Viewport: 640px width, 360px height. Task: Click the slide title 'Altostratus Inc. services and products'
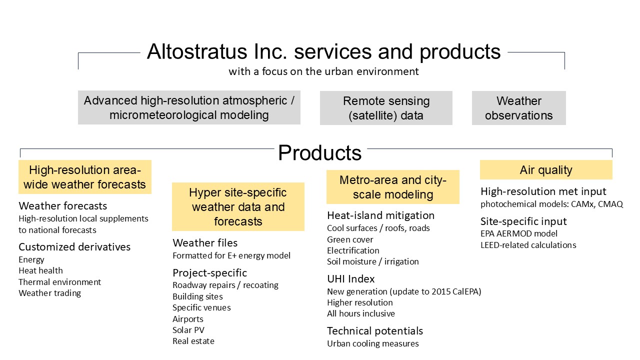pos(323,51)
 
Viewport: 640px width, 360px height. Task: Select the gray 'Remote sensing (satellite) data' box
pos(386,108)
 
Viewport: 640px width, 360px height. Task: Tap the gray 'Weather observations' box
pos(519,108)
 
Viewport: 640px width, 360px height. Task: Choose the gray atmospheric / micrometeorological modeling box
pos(189,107)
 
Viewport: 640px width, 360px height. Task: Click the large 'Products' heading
pos(319,152)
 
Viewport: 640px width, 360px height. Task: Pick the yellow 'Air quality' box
pos(546,169)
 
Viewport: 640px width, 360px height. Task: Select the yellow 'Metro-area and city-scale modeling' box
pos(393,187)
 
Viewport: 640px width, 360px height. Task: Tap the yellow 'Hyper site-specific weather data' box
pos(238,206)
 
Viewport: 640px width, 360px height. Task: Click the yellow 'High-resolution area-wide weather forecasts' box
pos(85,177)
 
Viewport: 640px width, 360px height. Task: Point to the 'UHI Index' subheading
pos(351,279)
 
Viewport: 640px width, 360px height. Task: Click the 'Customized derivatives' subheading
pos(74,247)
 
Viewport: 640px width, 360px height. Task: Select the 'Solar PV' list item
pos(188,330)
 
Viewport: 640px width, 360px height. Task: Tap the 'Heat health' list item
pos(40,270)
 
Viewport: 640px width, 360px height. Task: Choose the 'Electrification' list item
pos(353,250)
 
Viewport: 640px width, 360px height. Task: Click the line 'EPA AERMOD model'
pos(519,233)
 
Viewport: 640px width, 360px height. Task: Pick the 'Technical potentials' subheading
pos(375,331)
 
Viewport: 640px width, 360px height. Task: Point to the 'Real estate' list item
pos(193,341)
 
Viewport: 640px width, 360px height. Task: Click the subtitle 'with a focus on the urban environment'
pos(323,71)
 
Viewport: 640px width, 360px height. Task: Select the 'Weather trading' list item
pos(49,293)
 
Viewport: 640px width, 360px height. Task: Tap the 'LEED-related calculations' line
pos(528,245)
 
